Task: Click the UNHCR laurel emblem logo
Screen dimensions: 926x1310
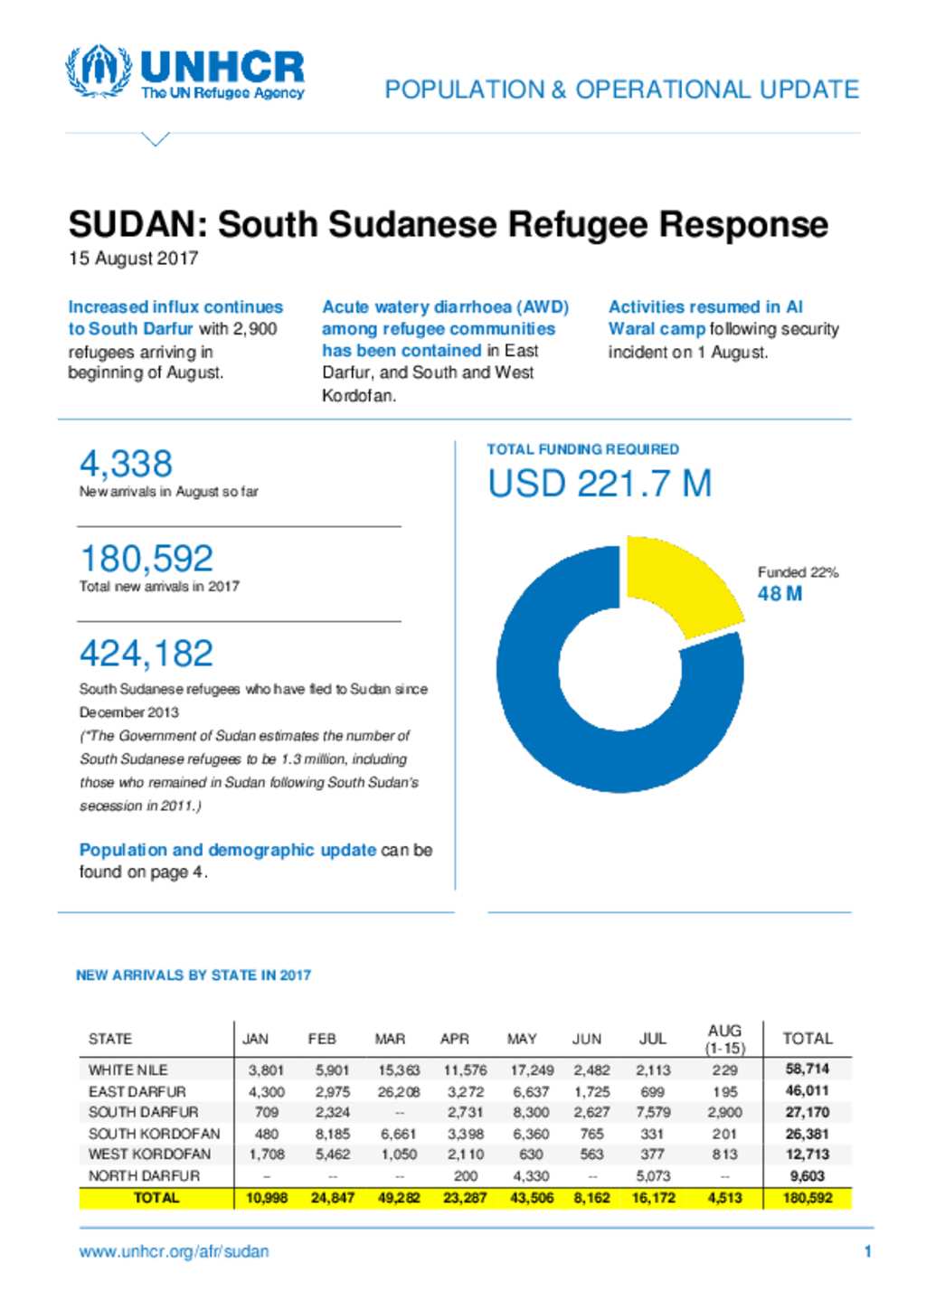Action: pos(99,71)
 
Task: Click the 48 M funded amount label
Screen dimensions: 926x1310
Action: pos(780,594)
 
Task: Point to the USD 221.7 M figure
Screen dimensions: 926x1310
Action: pos(600,484)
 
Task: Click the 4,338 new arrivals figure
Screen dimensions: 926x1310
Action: pos(126,464)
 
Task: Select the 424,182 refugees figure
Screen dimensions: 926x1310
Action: pos(146,653)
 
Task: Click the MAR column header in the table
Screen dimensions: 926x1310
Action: pos(390,1039)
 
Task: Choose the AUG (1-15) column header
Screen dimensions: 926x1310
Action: pos(724,1039)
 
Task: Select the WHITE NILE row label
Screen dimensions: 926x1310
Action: pos(128,1070)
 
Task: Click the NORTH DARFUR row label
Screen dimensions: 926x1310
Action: pos(144,1175)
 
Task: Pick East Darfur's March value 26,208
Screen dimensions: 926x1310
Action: pos(399,1091)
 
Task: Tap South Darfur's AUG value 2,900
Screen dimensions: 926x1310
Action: pos(724,1112)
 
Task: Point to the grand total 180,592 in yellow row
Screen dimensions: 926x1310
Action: pos(808,1198)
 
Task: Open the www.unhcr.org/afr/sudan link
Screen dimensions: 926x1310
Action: pos(174,1251)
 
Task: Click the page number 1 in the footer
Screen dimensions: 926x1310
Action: pos(868,1251)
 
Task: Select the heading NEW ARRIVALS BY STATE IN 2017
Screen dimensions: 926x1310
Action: pos(194,975)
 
